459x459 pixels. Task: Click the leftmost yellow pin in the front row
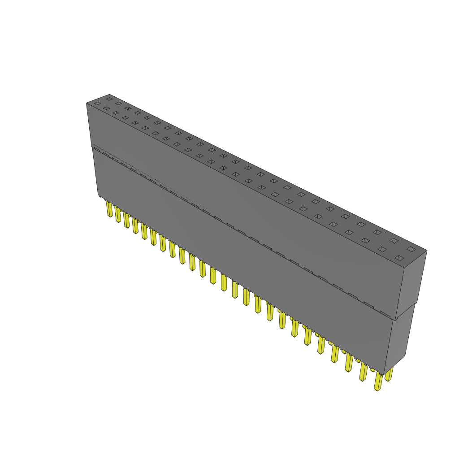pos(109,209)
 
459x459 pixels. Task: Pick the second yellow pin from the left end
pos(118,215)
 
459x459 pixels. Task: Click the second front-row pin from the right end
pos(363,372)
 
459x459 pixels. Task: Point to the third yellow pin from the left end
pos(126,221)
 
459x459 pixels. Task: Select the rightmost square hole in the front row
pos(399,258)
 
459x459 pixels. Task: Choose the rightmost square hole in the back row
pos(411,249)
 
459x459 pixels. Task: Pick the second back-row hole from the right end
pos(394,241)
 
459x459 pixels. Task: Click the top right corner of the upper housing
pos(427,251)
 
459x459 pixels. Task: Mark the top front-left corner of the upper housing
pos(87,103)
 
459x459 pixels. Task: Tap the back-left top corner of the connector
pos(109,94)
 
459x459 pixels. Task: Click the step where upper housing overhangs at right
pos(395,319)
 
